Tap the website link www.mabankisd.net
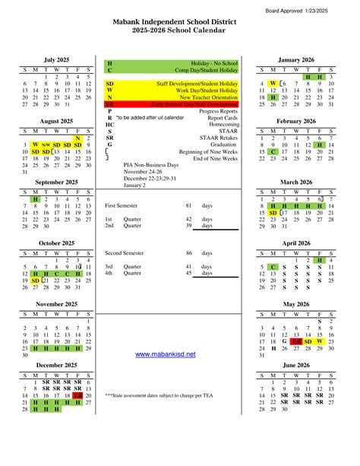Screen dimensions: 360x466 tap(165, 354)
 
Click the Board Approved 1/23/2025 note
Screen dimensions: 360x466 tap(318, 9)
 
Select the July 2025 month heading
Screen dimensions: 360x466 tap(57, 59)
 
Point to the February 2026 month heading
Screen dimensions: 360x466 tap(295, 121)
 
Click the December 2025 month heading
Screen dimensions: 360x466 tap(57, 365)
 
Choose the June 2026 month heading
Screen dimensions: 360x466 tap(295, 365)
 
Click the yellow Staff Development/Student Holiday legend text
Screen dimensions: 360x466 tap(197, 83)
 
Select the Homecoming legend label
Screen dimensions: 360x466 tap(223, 125)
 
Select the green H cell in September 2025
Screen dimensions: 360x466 tap(35, 199)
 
